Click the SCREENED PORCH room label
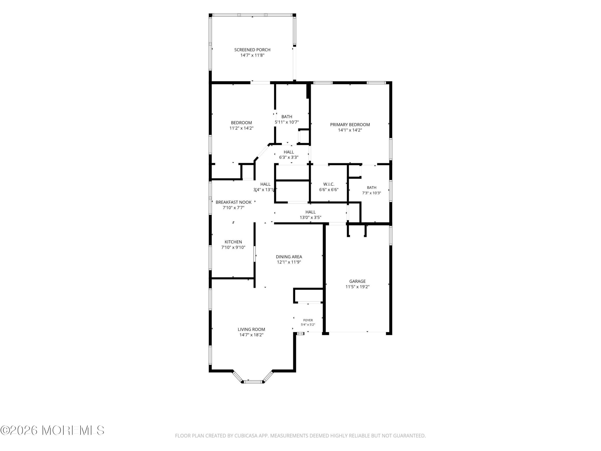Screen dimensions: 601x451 pos(252,50)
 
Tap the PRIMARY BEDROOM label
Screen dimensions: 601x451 pos(350,125)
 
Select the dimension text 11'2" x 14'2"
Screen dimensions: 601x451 pos(242,128)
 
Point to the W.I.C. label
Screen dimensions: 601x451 pos(329,184)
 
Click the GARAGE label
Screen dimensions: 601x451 pos(358,281)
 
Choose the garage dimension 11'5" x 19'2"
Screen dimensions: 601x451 pos(358,287)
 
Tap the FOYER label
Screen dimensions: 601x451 pos(308,320)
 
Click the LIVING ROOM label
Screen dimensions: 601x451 pos(251,330)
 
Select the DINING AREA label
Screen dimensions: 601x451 pos(289,257)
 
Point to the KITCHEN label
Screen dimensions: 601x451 pos(233,242)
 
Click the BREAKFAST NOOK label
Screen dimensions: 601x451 pos(234,202)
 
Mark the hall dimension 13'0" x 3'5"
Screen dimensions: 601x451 pos(311,218)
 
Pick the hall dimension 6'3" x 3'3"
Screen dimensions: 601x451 pos(289,157)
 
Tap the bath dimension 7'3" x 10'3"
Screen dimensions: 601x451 pos(372,193)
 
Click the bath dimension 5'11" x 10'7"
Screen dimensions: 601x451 pos(287,122)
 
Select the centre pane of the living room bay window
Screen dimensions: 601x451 pos(254,382)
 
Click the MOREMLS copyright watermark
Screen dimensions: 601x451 pos(52,430)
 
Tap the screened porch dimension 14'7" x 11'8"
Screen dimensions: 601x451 pos(252,55)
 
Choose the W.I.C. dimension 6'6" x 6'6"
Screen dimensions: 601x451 pos(329,190)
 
